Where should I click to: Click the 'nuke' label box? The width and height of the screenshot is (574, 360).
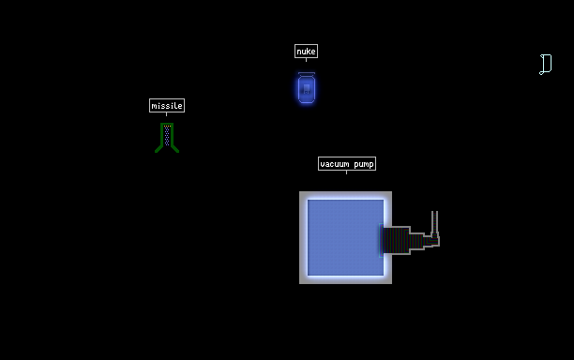tap(306, 52)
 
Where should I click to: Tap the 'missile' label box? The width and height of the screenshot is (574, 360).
tap(167, 105)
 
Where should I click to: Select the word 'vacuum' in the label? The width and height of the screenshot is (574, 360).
tap(335, 164)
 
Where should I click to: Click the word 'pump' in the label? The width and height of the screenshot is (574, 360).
tap(364, 164)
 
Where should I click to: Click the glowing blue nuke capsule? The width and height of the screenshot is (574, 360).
tap(307, 89)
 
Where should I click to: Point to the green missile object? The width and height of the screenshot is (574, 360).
tap(167, 138)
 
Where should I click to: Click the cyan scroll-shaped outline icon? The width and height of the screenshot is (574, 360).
tap(546, 65)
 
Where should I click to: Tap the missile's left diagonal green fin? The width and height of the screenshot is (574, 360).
tap(159, 148)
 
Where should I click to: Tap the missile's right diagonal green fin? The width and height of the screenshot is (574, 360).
tap(174, 148)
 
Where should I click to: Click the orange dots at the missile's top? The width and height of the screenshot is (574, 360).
tap(167, 127)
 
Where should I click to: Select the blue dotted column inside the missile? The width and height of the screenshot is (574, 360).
tap(167, 136)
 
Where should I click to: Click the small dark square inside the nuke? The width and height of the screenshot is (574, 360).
tap(307, 88)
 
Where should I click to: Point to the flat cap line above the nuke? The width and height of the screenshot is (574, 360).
tap(307, 73)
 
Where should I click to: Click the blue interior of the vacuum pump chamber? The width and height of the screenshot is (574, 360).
tap(345, 237)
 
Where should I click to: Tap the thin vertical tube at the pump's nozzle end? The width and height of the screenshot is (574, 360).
tap(434, 221)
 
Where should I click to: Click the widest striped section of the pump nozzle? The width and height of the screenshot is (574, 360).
tap(397, 240)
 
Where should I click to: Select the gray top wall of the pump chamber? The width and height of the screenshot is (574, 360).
tap(345, 195)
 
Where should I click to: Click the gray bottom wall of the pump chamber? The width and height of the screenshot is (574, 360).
tap(345, 279)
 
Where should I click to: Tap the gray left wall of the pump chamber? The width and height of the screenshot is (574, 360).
tap(304, 237)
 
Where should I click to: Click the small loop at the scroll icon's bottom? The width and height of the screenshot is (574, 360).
tap(541, 73)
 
